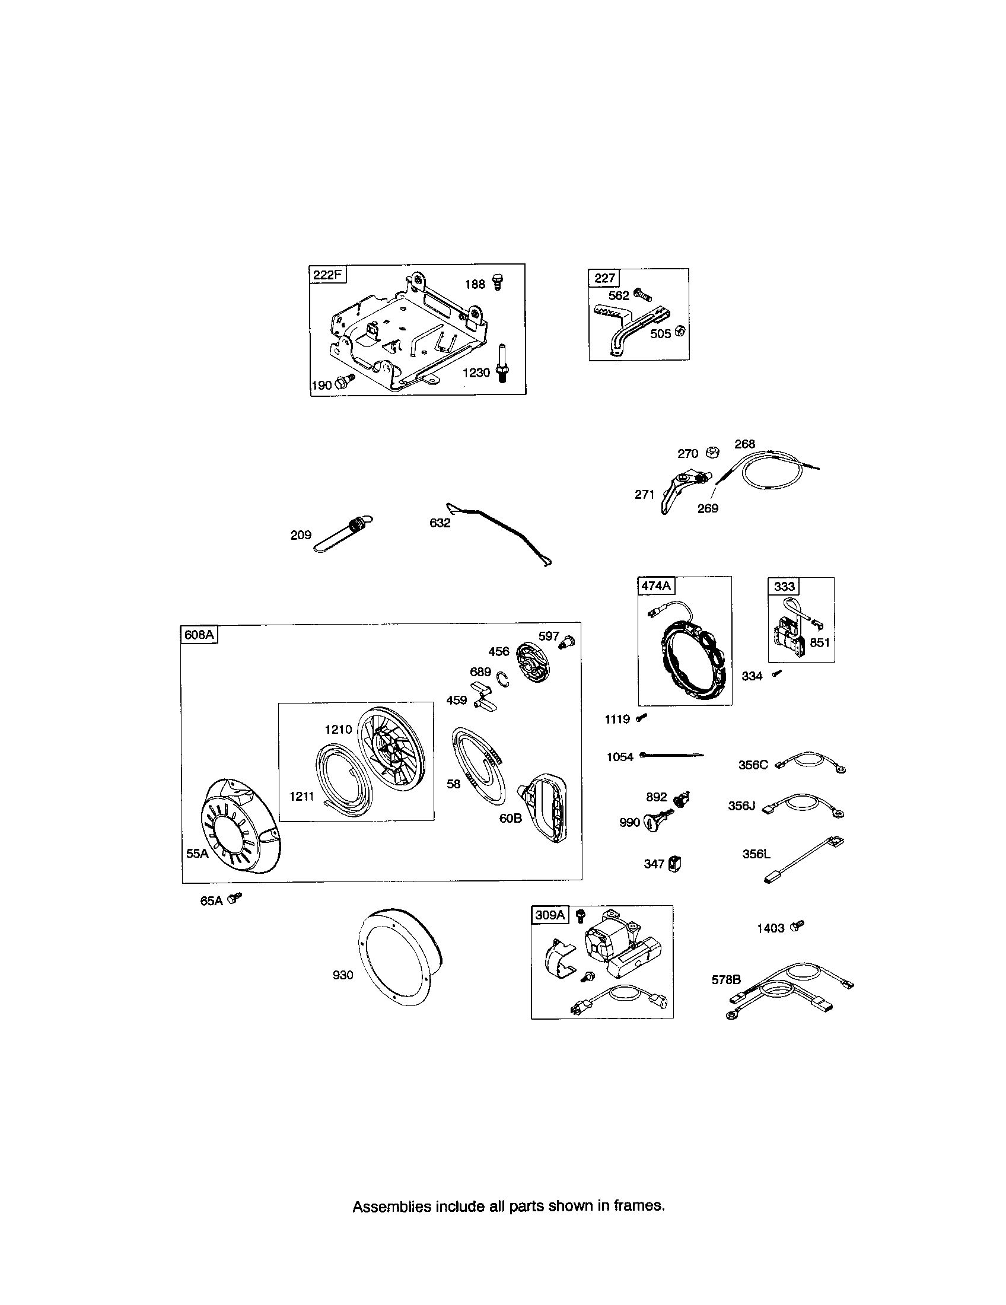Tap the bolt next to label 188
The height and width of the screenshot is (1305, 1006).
click(496, 282)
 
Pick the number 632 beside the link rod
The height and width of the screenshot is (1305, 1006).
click(440, 523)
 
